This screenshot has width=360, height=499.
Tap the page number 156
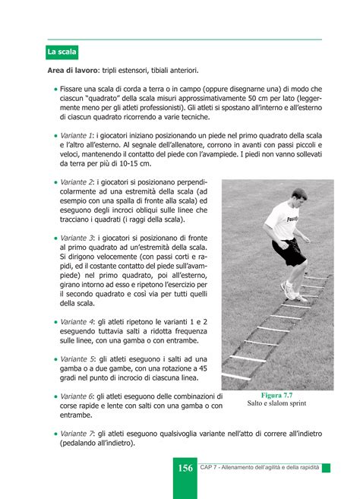(x=185, y=468)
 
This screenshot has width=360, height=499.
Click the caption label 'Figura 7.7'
(x=277, y=396)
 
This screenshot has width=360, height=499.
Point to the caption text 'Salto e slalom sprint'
(x=277, y=404)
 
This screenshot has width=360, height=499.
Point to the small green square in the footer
(x=326, y=468)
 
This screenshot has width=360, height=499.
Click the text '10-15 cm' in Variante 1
(x=134, y=163)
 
